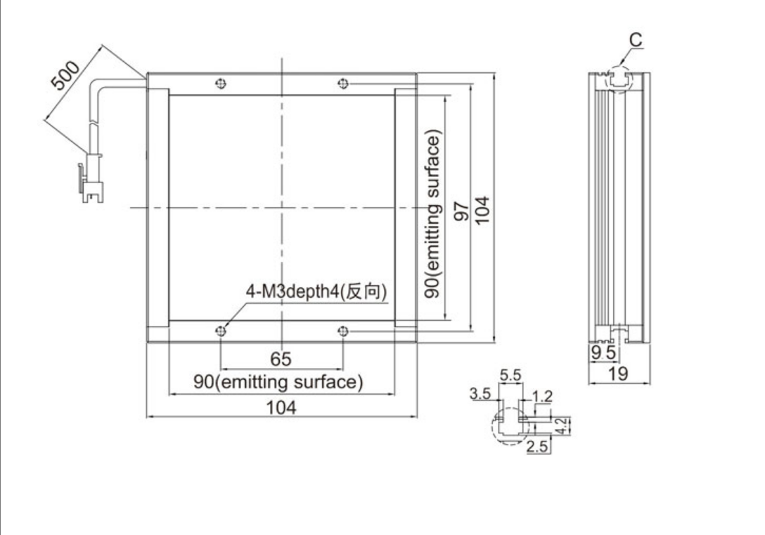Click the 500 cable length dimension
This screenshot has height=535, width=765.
pyautogui.click(x=65, y=75)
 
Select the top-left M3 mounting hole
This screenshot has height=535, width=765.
pyautogui.click(x=221, y=84)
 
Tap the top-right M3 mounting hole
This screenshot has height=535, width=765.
pyautogui.click(x=343, y=84)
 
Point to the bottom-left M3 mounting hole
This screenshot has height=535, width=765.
pyautogui.click(x=221, y=331)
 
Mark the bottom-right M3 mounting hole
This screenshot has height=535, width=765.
pyautogui.click(x=343, y=331)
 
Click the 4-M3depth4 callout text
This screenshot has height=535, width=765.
pyautogui.click(x=316, y=291)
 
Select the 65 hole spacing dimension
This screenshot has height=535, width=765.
pyautogui.click(x=281, y=359)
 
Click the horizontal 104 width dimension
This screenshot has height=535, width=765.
pyautogui.click(x=281, y=407)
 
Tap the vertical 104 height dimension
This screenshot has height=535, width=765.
pyautogui.click(x=482, y=210)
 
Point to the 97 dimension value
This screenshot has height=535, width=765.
pyautogui.click(x=461, y=210)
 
